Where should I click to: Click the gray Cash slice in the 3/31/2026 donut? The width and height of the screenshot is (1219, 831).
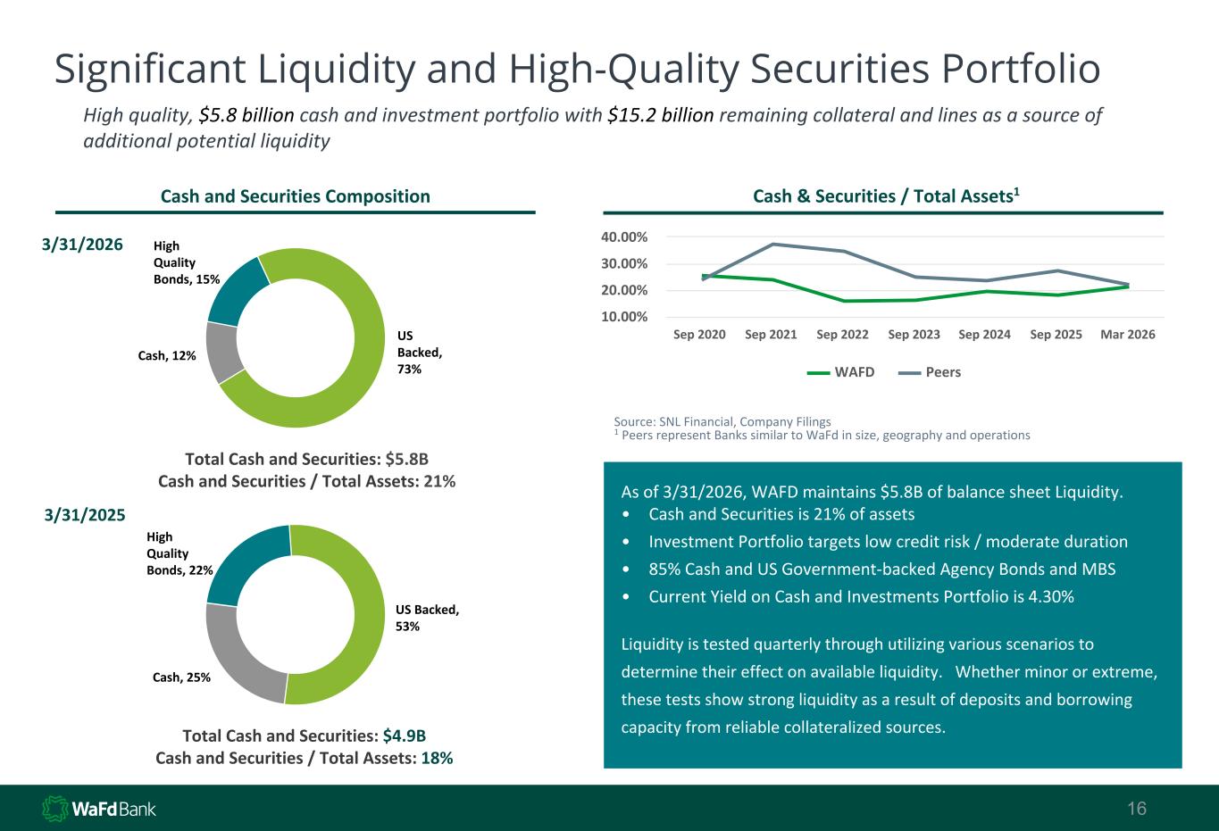tap(222, 353)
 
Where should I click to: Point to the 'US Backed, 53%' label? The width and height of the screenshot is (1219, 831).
tap(427, 618)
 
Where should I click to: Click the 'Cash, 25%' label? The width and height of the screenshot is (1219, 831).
tap(181, 677)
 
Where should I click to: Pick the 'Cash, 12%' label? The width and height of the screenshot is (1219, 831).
tap(166, 355)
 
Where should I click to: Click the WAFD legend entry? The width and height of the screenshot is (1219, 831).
tap(840, 372)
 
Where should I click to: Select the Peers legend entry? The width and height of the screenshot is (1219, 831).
tap(930, 372)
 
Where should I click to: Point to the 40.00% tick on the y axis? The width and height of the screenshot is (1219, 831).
tap(624, 237)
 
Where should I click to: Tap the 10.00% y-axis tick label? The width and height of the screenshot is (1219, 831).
tap(624, 317)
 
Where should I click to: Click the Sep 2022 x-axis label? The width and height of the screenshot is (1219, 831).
tap(842, 335)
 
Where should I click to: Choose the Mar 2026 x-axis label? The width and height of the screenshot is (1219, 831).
tap(1128, 335)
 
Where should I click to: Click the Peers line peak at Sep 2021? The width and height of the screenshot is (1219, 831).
tap(772, 245)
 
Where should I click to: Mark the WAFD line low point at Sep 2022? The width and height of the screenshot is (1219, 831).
tap(844, 301)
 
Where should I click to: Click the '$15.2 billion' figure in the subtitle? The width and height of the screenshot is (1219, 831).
tap(661, 115)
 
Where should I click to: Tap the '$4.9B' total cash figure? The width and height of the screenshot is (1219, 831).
tap(405, 735)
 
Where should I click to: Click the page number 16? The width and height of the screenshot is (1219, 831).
tap(1137, 808)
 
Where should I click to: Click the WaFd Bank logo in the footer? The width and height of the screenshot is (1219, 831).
tap(99, 809)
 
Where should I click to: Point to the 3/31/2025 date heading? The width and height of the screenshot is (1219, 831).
tap(84, 514)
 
